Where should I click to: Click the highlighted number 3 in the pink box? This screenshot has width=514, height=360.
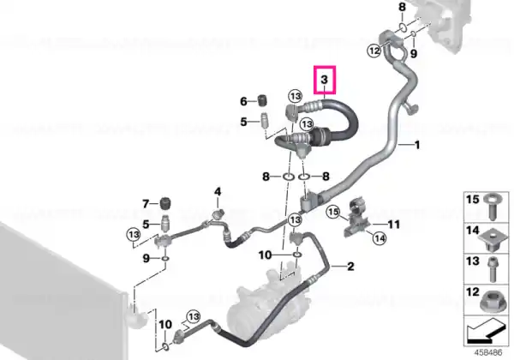324,80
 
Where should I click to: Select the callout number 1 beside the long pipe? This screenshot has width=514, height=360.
417,145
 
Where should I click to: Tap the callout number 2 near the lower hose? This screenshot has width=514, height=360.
350,267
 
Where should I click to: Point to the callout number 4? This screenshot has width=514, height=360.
218,191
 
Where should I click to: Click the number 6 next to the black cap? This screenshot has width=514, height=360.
243,101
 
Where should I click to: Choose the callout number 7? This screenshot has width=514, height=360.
146,204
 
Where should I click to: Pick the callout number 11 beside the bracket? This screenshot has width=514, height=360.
394,225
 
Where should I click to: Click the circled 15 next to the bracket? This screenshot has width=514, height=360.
333,212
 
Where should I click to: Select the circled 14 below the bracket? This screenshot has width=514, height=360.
380,238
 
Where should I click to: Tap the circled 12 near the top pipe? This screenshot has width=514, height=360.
374,51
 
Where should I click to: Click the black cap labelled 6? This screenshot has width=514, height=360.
261,100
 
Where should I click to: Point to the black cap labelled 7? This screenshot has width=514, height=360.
166,204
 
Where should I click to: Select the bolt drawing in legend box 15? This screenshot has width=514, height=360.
491,207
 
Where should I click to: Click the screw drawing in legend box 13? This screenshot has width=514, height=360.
492,270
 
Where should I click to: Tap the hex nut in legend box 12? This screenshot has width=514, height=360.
492,302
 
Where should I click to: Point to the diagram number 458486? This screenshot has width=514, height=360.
489,352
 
